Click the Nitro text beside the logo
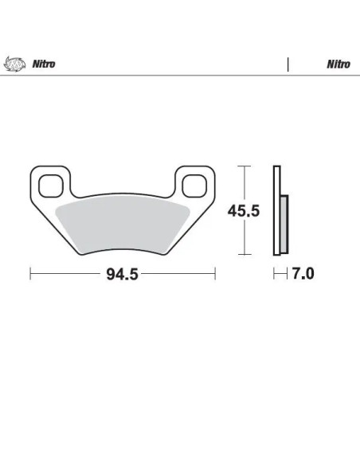click(44, 64)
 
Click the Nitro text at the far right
click(338, 64)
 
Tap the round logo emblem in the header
click(14, 64)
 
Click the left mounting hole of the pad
click(51, 186)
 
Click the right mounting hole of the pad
click(194, 186)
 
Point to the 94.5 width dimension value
click(122, 274)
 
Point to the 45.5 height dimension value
click(244, 211)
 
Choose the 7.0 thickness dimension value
click(303, 273)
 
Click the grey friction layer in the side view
click(284, 225)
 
